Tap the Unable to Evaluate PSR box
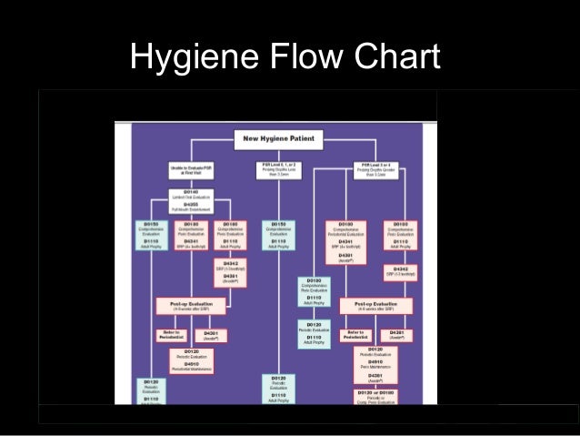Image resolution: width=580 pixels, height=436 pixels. [191, 170]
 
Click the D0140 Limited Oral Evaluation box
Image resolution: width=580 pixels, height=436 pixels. [191, 200]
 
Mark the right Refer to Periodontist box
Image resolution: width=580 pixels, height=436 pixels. [355, 335]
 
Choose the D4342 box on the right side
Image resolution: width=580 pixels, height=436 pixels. [400, 271]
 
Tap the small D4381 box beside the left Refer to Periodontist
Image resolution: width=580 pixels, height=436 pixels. [212, 335]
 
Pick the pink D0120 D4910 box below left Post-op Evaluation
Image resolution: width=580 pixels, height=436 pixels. [191, 360]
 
